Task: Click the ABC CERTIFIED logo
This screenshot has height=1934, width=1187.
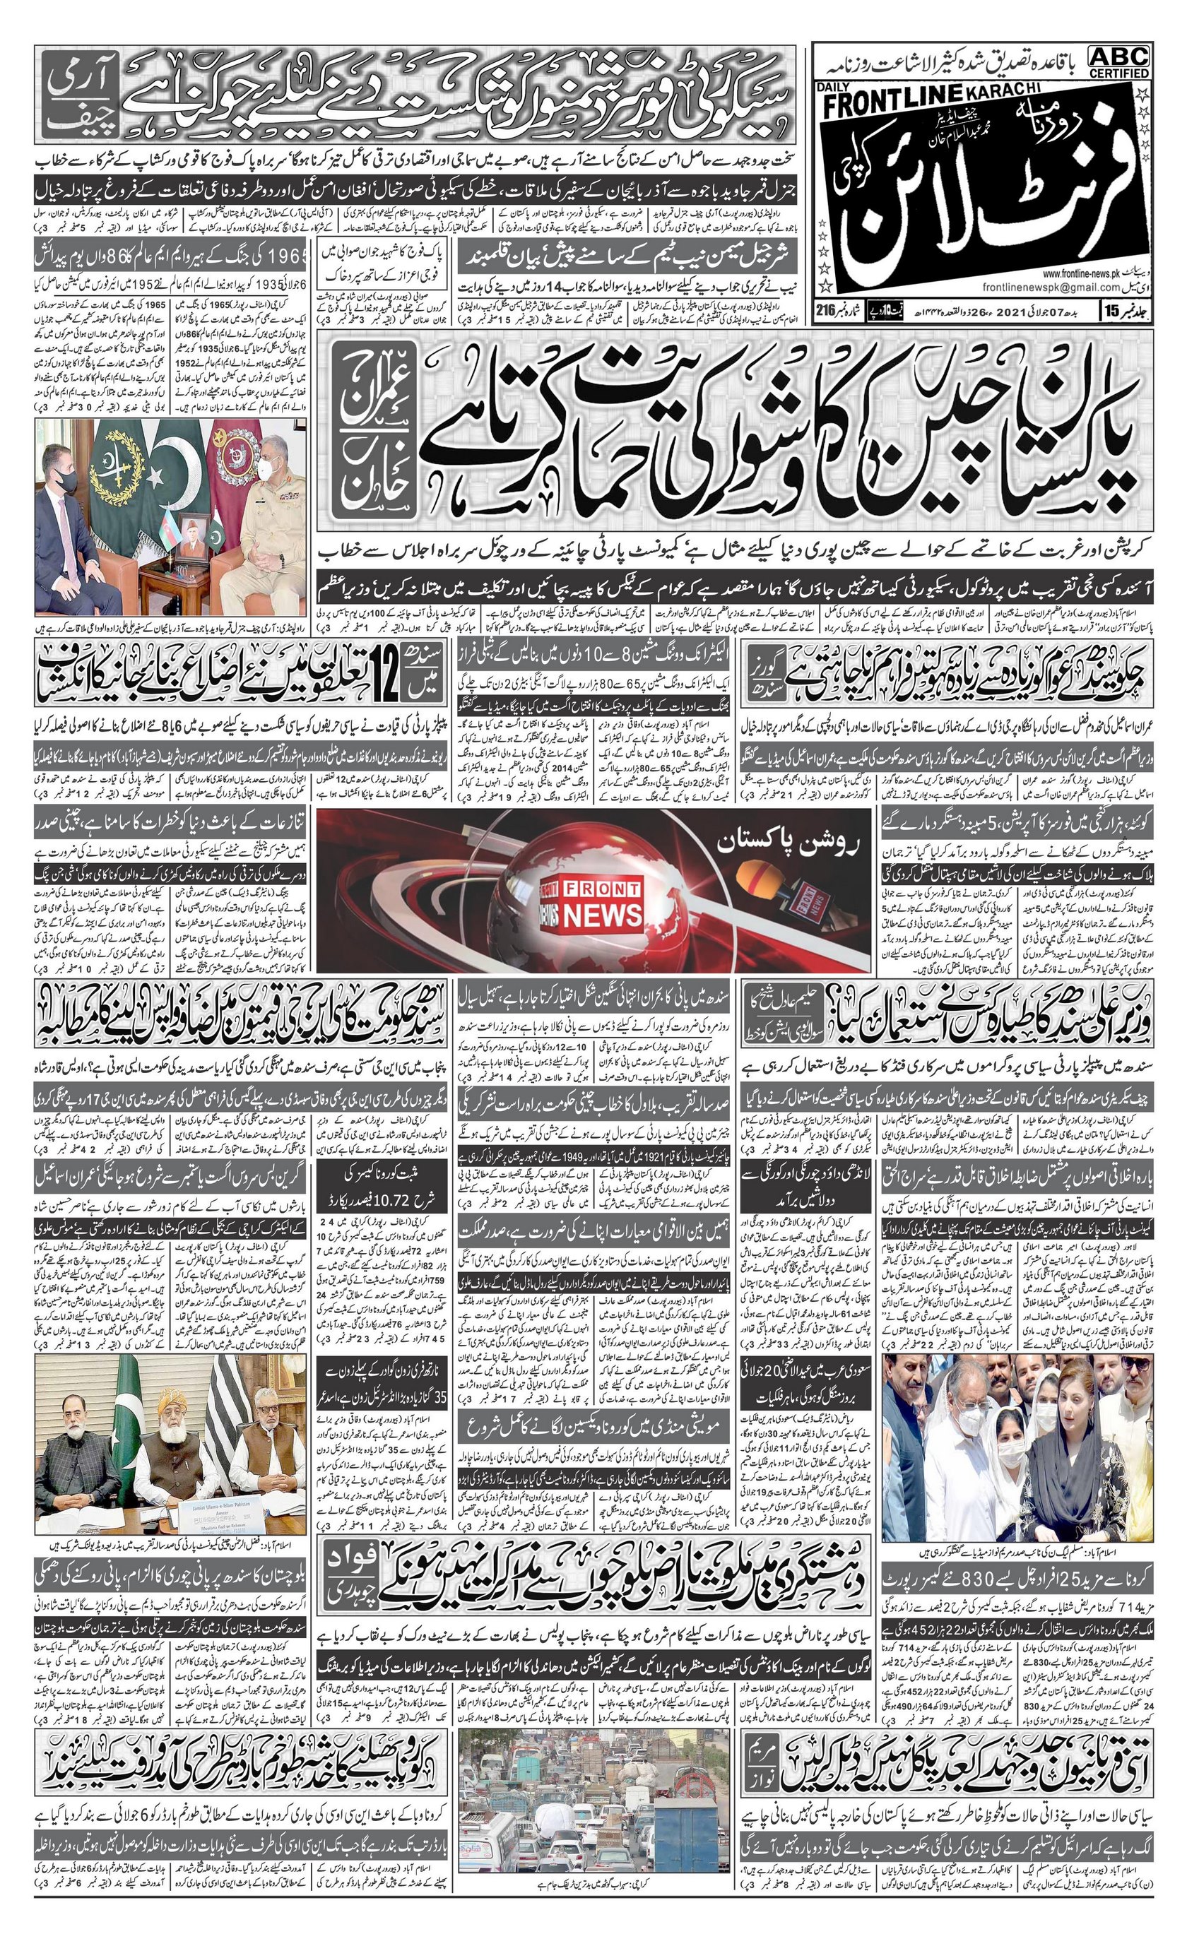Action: [1118, 61]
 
